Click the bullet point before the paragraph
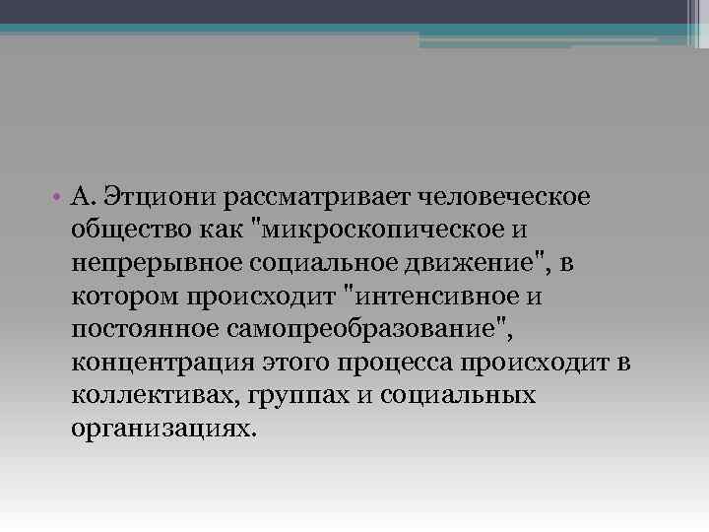point(60,197)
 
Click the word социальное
point(313,263)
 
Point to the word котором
point(119,297)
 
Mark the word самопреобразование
point(355,330)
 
